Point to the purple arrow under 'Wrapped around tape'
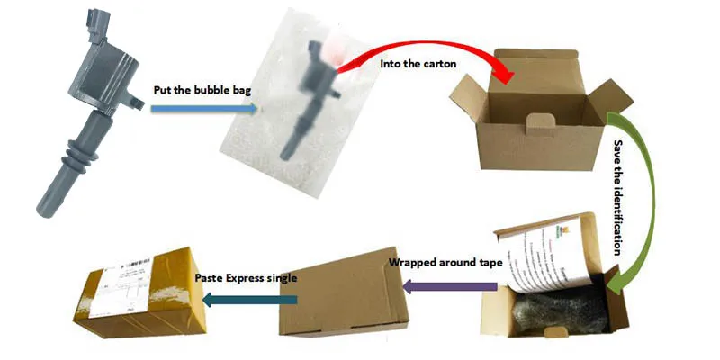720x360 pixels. [x=450, y=285]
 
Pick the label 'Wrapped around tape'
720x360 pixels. [x=441, y=264]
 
